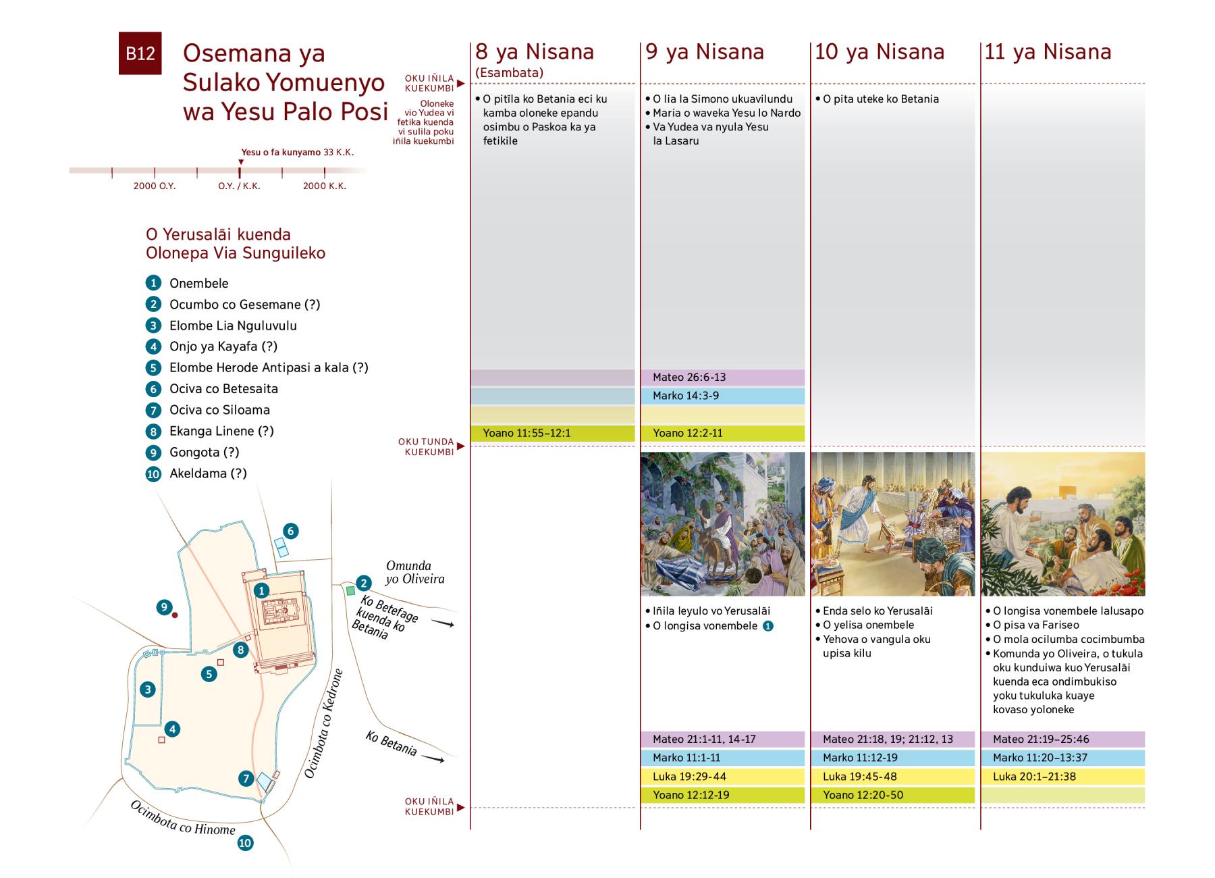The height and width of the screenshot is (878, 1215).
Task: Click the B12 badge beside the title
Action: coord(140,53)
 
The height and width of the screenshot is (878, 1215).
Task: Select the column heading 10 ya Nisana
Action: coord(879,52)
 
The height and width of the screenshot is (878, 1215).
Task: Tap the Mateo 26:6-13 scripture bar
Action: coord(722,378)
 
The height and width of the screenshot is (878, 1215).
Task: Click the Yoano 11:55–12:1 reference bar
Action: coord(552,433)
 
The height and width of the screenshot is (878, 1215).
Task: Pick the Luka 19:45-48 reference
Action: coord(892,777)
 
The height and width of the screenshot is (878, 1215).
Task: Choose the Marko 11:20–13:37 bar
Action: coord(1062,758)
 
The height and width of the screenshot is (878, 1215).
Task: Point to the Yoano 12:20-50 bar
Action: coord(892,795)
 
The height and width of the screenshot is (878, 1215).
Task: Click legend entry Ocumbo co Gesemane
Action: coord(244,305)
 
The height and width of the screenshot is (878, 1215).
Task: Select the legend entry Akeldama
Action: coord(208,473)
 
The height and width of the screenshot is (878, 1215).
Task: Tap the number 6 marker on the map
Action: coord(291,531)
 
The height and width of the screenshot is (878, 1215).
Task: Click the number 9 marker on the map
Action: coord(164,607)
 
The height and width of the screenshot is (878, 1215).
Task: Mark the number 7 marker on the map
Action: coord(246,779)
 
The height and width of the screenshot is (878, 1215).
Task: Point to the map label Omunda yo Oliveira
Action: coord(414,572)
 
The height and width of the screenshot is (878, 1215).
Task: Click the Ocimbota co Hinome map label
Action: coord(182,819)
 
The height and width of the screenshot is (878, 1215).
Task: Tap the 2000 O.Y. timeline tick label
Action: coord(155,186)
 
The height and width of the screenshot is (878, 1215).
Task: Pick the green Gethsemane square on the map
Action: coord(350,591)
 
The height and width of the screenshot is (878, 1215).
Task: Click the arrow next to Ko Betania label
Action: coord(433,759)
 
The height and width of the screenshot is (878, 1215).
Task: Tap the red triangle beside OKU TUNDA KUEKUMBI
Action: coord(461,446)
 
